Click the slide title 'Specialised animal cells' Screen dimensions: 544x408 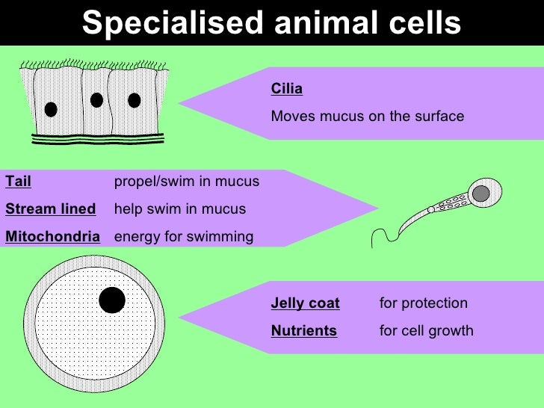click(271, 23)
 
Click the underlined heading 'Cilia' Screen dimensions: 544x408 click(286, 90)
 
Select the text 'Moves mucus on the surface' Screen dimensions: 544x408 click(367, 117)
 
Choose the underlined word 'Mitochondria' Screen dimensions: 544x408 click(52, 237)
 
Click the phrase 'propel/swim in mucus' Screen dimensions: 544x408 click(186, 182)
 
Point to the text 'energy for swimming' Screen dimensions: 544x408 click(183, 237)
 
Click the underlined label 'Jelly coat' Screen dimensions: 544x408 click(305, 303)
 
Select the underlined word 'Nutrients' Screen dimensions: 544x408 click(303, 330)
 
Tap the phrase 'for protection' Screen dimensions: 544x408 click(423, 303)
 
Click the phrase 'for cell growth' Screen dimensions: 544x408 click(426, 330)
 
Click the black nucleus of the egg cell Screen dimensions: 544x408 click(112, 300)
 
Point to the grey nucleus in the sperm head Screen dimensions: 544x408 click(482, 194)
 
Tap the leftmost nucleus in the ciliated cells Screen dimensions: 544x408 click(51, 109)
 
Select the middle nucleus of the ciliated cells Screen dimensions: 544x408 click(96, 100)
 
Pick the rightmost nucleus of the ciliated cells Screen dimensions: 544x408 click(135, 100)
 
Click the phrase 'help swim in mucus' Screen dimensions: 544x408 click(179, 209)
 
